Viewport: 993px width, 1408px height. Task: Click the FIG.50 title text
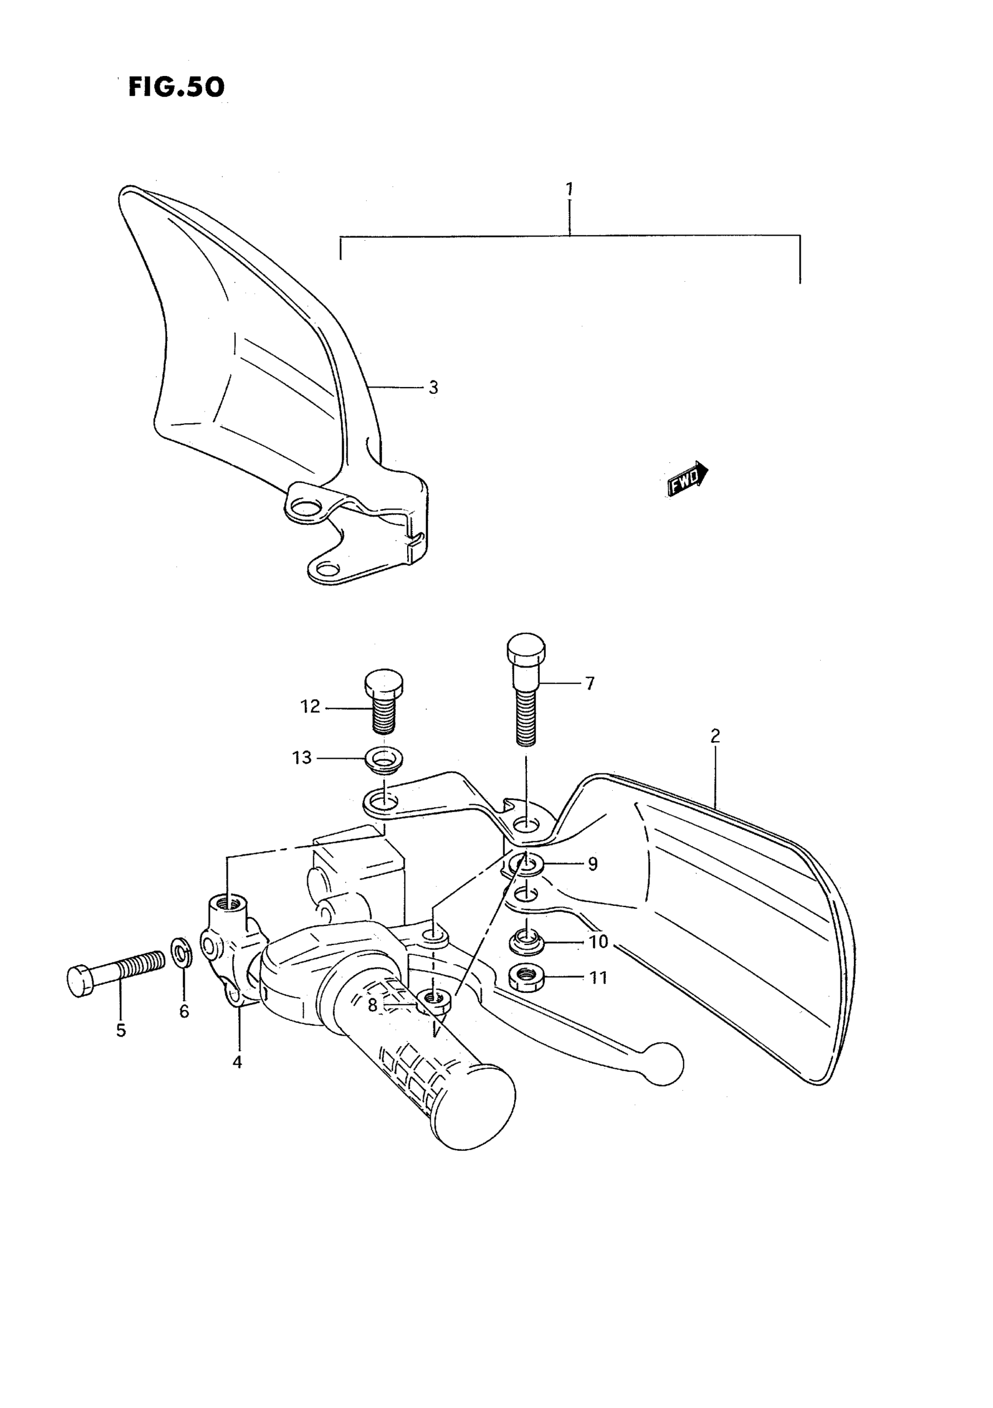(x=176, y=87)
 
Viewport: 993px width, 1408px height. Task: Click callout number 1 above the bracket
(x=570, y=189)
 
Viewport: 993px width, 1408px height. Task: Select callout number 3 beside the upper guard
(x=433, y=388)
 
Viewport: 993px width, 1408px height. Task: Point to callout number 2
(x=715, y=736)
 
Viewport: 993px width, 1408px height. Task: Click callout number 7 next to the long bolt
(x=590, y=684)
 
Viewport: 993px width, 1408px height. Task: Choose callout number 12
(x=310, y=707)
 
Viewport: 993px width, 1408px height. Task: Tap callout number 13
(x=302, y=758)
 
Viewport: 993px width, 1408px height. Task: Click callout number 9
(x=592, y=864)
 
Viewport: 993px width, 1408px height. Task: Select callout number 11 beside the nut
(x=598, y=977)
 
